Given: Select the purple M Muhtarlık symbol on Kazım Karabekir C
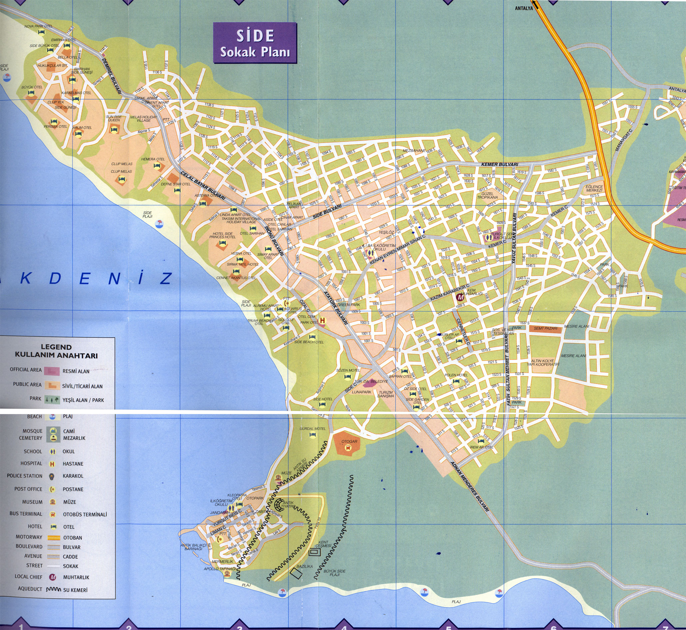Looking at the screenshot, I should (x=460, y=298).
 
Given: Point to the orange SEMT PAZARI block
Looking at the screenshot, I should (x=546, y=328).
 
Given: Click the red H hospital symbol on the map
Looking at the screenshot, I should (x=322, y=320).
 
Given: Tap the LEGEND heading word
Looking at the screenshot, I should (x=56, y=347).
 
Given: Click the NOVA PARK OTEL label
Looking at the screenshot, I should (x=38, y=26).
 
